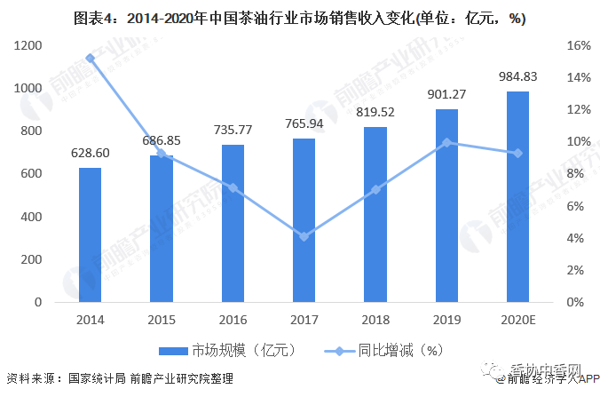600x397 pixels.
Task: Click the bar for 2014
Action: pyautogui.click(x=90, y=235)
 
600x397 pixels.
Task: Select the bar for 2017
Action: pyautogui.click(x=304, y=220)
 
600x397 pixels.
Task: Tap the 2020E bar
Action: pyautogui.click(x=517, y=197)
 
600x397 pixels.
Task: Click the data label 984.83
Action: pyautogui.click(x=517, y=78)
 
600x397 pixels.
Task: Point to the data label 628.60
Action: pyautogui.click(x=90, y=154)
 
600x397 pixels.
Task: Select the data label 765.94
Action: pyautogui.click(x=304, y=125)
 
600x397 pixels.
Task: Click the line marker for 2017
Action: pyautogui.click(x=304, y=236)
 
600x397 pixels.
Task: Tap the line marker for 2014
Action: pyautogui.click(x=90, y=59)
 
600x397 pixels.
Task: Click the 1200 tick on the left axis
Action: pyautogui.click(x=28, y=45)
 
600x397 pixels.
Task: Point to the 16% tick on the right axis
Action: pyautogui.click(x=573, y=45)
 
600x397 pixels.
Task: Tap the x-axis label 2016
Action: pyautogui.click(x=233, y=320)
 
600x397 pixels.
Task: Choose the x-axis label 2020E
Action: pyautogui.click(x=517, y=320)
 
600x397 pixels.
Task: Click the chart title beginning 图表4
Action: pyautogui.click(x=299, y=18)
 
